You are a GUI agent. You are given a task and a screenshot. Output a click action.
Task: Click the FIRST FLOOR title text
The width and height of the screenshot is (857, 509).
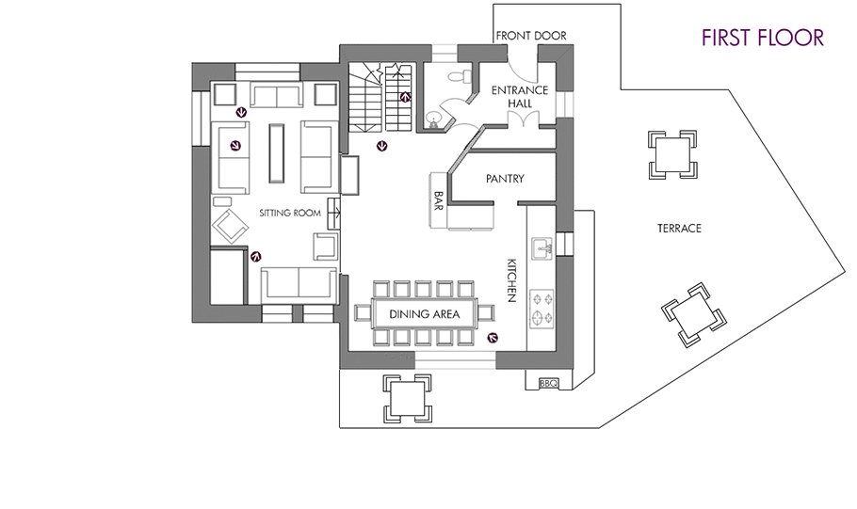(762, 38)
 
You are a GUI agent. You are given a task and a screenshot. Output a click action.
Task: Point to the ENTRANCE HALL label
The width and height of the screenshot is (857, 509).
(514, 97)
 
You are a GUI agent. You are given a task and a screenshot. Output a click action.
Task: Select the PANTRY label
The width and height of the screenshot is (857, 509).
(505, 178)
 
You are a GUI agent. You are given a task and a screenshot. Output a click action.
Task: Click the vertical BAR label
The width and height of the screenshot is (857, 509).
(438, 202)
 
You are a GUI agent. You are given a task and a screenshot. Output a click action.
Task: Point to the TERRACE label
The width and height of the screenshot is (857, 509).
(679, 228)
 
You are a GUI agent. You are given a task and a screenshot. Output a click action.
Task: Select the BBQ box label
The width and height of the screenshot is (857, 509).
(549, 383)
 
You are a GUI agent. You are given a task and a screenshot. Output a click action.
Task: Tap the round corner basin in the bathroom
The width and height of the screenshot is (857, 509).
(433, 119)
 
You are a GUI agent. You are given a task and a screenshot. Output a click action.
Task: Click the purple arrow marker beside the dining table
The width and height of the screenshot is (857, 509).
(491, 336)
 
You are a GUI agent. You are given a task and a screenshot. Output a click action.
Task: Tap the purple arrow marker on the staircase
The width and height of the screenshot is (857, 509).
(406, 95)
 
